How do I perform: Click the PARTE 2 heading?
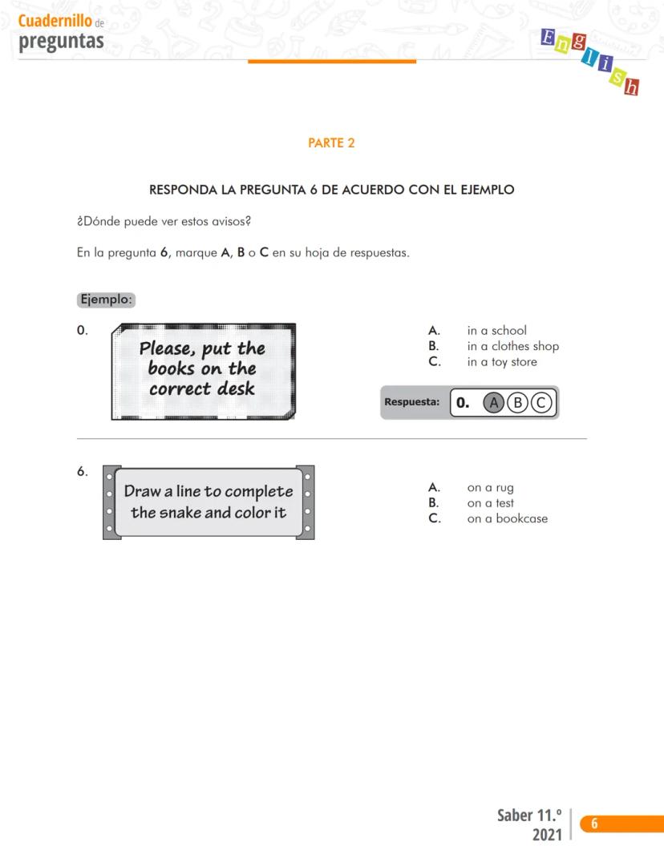coord(331,143)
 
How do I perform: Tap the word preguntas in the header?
coord(61,40)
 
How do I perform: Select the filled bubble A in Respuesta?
coord(494,403)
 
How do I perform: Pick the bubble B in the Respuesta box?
coord(518,403)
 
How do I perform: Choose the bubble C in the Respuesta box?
coord(541,403)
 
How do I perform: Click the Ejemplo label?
coord(107,300)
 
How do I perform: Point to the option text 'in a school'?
coord(496,331)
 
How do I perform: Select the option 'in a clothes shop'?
coord(512,346)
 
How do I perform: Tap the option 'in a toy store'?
coord(502,362)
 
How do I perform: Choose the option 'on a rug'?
coord(490,488)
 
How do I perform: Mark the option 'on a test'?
coord(490,503)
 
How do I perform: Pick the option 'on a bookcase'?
coord(507,518)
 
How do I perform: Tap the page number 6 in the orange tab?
coord(594,824)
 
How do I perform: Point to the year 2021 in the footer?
coord(547,836)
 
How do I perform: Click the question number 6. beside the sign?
coord(83,472)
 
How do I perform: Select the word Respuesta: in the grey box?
coord(411,402)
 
